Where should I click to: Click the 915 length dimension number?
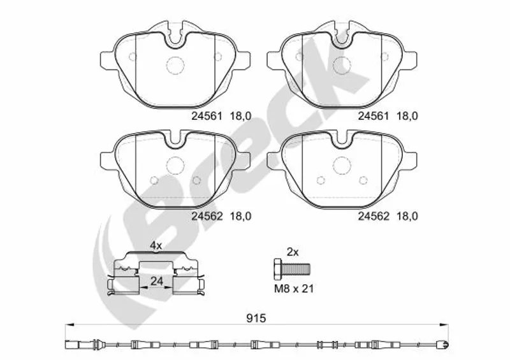(256, 319)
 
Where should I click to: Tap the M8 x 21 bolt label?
(294, 288)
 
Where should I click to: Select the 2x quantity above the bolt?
(293, 252)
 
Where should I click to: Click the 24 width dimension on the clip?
(156, 281)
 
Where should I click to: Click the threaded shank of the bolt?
(296, 269)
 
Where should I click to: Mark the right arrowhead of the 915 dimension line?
(444, 324)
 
